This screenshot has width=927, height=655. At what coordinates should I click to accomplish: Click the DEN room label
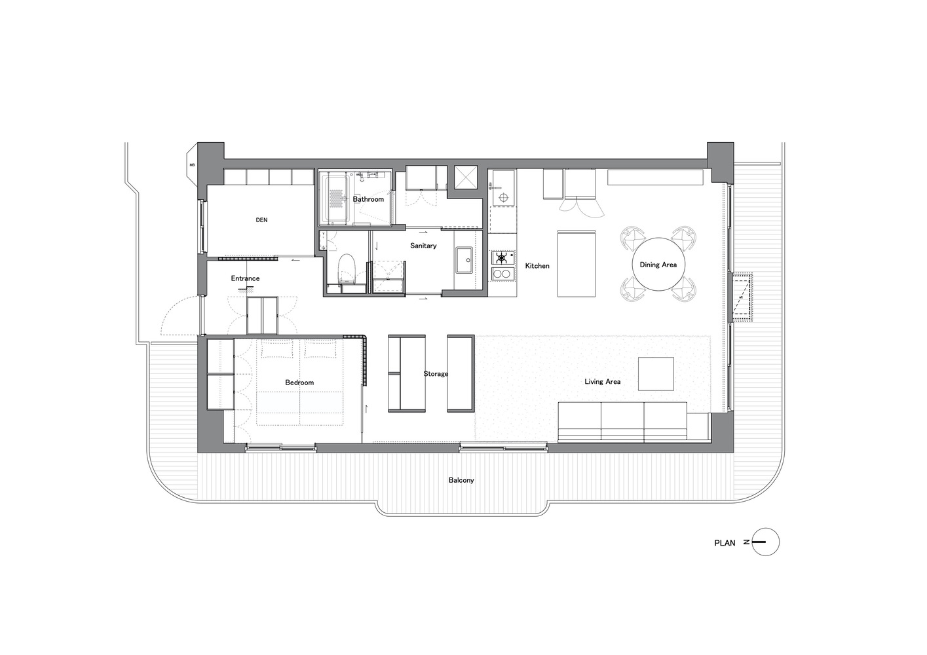(x=261, y=220)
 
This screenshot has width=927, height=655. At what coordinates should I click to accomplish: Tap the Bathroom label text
(x=368, y=199)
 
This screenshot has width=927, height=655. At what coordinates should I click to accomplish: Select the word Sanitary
(x=423, y=246)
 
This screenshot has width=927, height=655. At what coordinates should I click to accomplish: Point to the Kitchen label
(x=537, y=266)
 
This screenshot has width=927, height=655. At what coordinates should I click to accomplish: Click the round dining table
(x=658, y=264)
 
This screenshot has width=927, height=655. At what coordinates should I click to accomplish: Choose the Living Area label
(x=602, y=381)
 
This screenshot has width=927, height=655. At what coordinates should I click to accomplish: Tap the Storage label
(x=436, y=373)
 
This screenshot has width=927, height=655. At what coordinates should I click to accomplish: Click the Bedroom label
(x=299, y=383)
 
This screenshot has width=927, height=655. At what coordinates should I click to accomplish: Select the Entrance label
(x=245, y=278)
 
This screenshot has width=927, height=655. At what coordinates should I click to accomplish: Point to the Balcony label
(x=461, y=480)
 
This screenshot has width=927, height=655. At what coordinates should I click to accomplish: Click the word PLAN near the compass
(x=725, y=543)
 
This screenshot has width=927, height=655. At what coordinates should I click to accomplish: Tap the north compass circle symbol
(x=765, y=542)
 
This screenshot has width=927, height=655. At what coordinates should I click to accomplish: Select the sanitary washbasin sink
(x=464, y=260)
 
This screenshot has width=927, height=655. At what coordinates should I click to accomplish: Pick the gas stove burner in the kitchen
(x=502, y=258)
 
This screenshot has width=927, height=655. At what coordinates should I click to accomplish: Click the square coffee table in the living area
(x=656, y=374)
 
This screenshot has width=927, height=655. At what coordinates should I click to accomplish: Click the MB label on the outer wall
(x=192, y=165)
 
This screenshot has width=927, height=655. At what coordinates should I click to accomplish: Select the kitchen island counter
(x=576, y=264)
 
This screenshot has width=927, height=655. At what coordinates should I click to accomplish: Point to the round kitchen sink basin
(x=503, y=197)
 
